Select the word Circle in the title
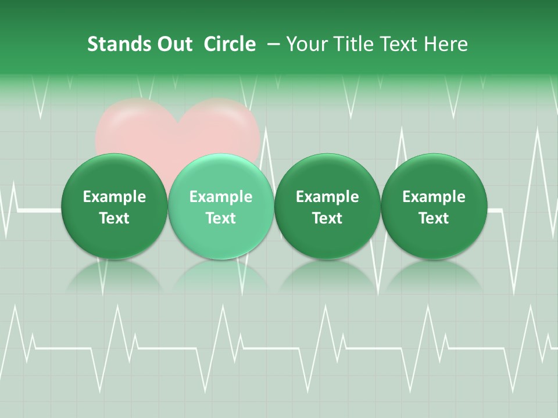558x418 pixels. tap(230, 44)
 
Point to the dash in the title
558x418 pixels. tap(272, 44)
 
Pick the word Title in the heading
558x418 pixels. tap(351, 44)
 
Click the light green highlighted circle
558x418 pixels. tap(221, 206)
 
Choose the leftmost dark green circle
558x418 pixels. tap(114, 206)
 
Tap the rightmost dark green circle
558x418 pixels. tap(434, 206)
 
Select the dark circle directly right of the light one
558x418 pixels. tap(327, 206)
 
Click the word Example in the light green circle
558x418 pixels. tap(221, 197)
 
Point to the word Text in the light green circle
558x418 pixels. tap(221, 218)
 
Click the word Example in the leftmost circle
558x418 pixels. tap(114, 197)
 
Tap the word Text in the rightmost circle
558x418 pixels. tap(434, 218)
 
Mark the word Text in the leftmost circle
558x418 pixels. tap(114, 218)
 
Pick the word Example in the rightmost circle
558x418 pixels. tap(434, 197)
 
